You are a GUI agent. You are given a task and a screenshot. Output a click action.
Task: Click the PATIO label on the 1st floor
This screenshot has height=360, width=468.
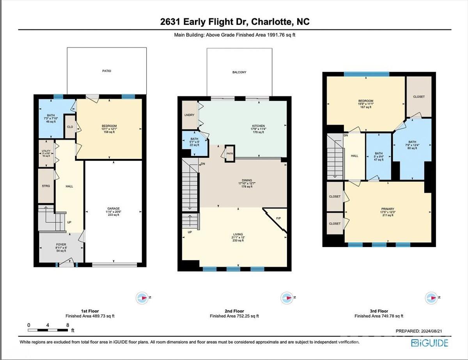pos(106,71)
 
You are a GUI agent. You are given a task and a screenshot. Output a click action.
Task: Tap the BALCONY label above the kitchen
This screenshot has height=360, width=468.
pos(239,72)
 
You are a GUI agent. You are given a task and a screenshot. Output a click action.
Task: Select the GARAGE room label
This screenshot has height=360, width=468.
pos(113,208)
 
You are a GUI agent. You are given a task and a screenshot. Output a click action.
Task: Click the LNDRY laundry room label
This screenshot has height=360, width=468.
pos(189,115)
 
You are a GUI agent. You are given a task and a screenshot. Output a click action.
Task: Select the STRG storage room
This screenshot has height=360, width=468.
pos(46,186)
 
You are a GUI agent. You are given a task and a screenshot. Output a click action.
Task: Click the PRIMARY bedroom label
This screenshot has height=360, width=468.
pos(388,209)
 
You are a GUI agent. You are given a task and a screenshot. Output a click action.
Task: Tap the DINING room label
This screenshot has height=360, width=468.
pos(246,180)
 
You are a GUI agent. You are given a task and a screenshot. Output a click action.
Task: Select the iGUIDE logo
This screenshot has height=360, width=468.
pos(429,343)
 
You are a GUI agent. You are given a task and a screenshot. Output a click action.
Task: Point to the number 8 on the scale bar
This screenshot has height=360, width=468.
pos(68,325)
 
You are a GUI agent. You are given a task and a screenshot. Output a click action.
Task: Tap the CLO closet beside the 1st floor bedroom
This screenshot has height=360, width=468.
pos(70,127)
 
